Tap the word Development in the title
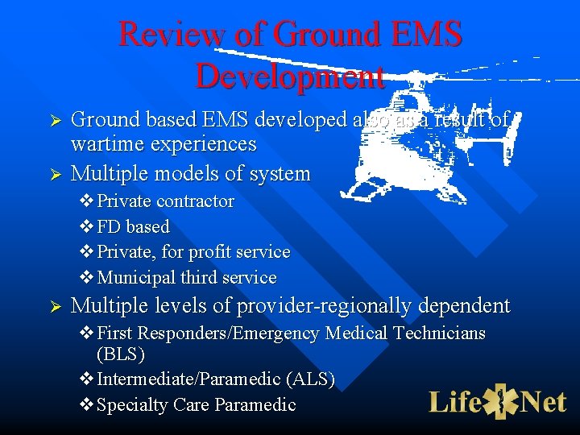290,77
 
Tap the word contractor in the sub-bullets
196,201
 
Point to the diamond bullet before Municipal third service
86,278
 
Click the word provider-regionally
350,306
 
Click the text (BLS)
121,353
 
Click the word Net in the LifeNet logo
544,400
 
